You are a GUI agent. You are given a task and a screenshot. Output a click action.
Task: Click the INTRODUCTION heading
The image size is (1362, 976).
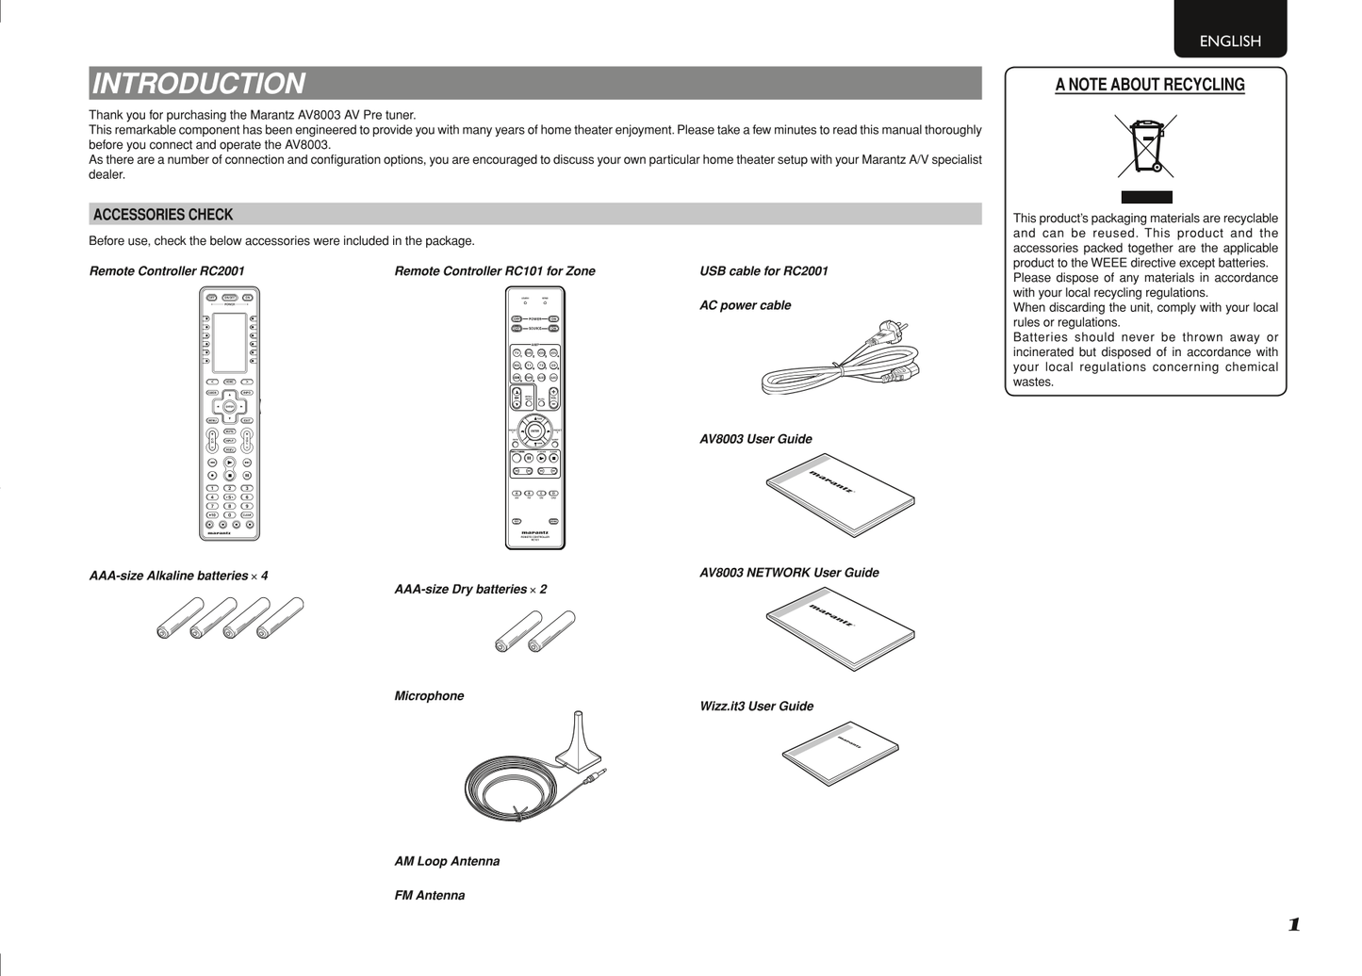pos(199,84)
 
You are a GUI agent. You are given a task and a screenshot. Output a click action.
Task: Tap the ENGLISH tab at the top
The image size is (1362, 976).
pos(1229,41)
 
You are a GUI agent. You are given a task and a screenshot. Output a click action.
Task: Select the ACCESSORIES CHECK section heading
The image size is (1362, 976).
pos(163,215)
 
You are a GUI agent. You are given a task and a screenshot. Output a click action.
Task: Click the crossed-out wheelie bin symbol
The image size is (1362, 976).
pos(1146,146)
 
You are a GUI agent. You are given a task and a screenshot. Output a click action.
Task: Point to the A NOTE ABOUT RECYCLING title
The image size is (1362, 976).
pos(1149,85)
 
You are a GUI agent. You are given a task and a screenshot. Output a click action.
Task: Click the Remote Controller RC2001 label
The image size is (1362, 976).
pos(167,271)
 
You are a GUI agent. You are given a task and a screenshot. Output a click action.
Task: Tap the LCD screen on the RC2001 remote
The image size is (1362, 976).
pos(229,342)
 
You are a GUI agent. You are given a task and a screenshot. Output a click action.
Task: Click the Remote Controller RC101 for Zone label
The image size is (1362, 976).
pos(494,271)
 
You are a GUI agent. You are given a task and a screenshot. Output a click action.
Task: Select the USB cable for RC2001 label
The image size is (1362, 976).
pos(763,271)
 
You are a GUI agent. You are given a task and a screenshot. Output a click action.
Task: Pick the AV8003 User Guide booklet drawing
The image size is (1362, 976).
pos(840,495)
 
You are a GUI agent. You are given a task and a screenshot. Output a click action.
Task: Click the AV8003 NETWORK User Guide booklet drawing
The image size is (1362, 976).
pos(840,628)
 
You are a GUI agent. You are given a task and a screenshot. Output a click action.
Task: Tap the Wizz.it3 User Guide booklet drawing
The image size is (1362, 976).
pos(840,754)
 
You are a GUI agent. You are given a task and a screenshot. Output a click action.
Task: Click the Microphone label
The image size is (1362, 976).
pos(429,696)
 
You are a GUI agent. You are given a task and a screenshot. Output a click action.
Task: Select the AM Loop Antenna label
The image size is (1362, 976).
pos(447,861)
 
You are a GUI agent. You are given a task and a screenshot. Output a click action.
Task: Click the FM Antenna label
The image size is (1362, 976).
pos(429,896)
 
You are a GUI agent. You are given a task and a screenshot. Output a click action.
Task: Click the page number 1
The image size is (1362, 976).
pos(1294,924)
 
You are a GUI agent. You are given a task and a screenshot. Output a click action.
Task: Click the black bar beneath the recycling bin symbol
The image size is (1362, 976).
pos(1146,197)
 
